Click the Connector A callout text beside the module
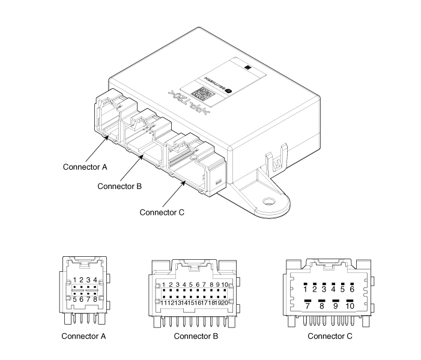pyautogui.click(x=85, y=166)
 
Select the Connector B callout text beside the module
pyautogui.click(x=120, y=186)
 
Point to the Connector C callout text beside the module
pyautogui.click(x=162, y=212)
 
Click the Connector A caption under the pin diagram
pyautogui.click(x=84, y=335)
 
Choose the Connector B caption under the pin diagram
pyautogui.click(x=196, y=335)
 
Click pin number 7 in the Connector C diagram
pyautogui.click(x=308, y=306)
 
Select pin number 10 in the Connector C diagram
pyautogui.click(x=350, y=306)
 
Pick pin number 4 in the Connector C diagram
pyautogui.click(x=333, y=289)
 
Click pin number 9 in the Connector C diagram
pyautogui.click(x=336, y=306)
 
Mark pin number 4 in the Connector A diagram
pyautogui.click(x=95, y=280)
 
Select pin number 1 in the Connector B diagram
pyautogui.click(x=163, y=285)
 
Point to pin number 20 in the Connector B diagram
pyautogui.click(x=224, y=302)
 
